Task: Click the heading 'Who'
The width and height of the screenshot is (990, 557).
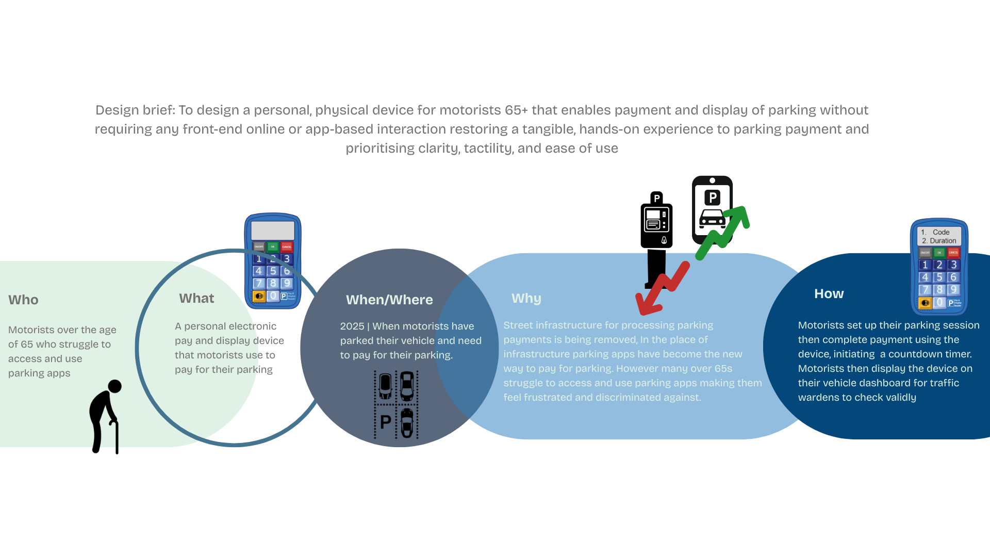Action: click(23, 300)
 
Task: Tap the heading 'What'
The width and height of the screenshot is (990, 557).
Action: click(196, 298)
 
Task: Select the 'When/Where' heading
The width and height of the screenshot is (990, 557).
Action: click(389, 300)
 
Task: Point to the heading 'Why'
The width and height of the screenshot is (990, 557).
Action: click(526, 298)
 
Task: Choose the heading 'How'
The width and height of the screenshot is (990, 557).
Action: click(829, 293)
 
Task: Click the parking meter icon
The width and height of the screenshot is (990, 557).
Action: click(656, 232)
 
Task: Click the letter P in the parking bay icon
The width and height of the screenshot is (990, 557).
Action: click(385, 422)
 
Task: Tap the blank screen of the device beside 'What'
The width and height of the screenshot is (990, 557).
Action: click(272, 230)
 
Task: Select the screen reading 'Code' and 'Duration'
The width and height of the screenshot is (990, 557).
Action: click(939, 236)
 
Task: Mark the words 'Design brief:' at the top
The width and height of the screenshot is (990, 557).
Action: click(135, 110)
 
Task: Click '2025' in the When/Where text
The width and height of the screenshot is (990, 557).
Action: click(352, 326)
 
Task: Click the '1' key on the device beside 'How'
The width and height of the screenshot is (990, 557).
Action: click(925, 265)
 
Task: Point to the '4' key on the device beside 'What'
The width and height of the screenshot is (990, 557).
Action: click(259, 271)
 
